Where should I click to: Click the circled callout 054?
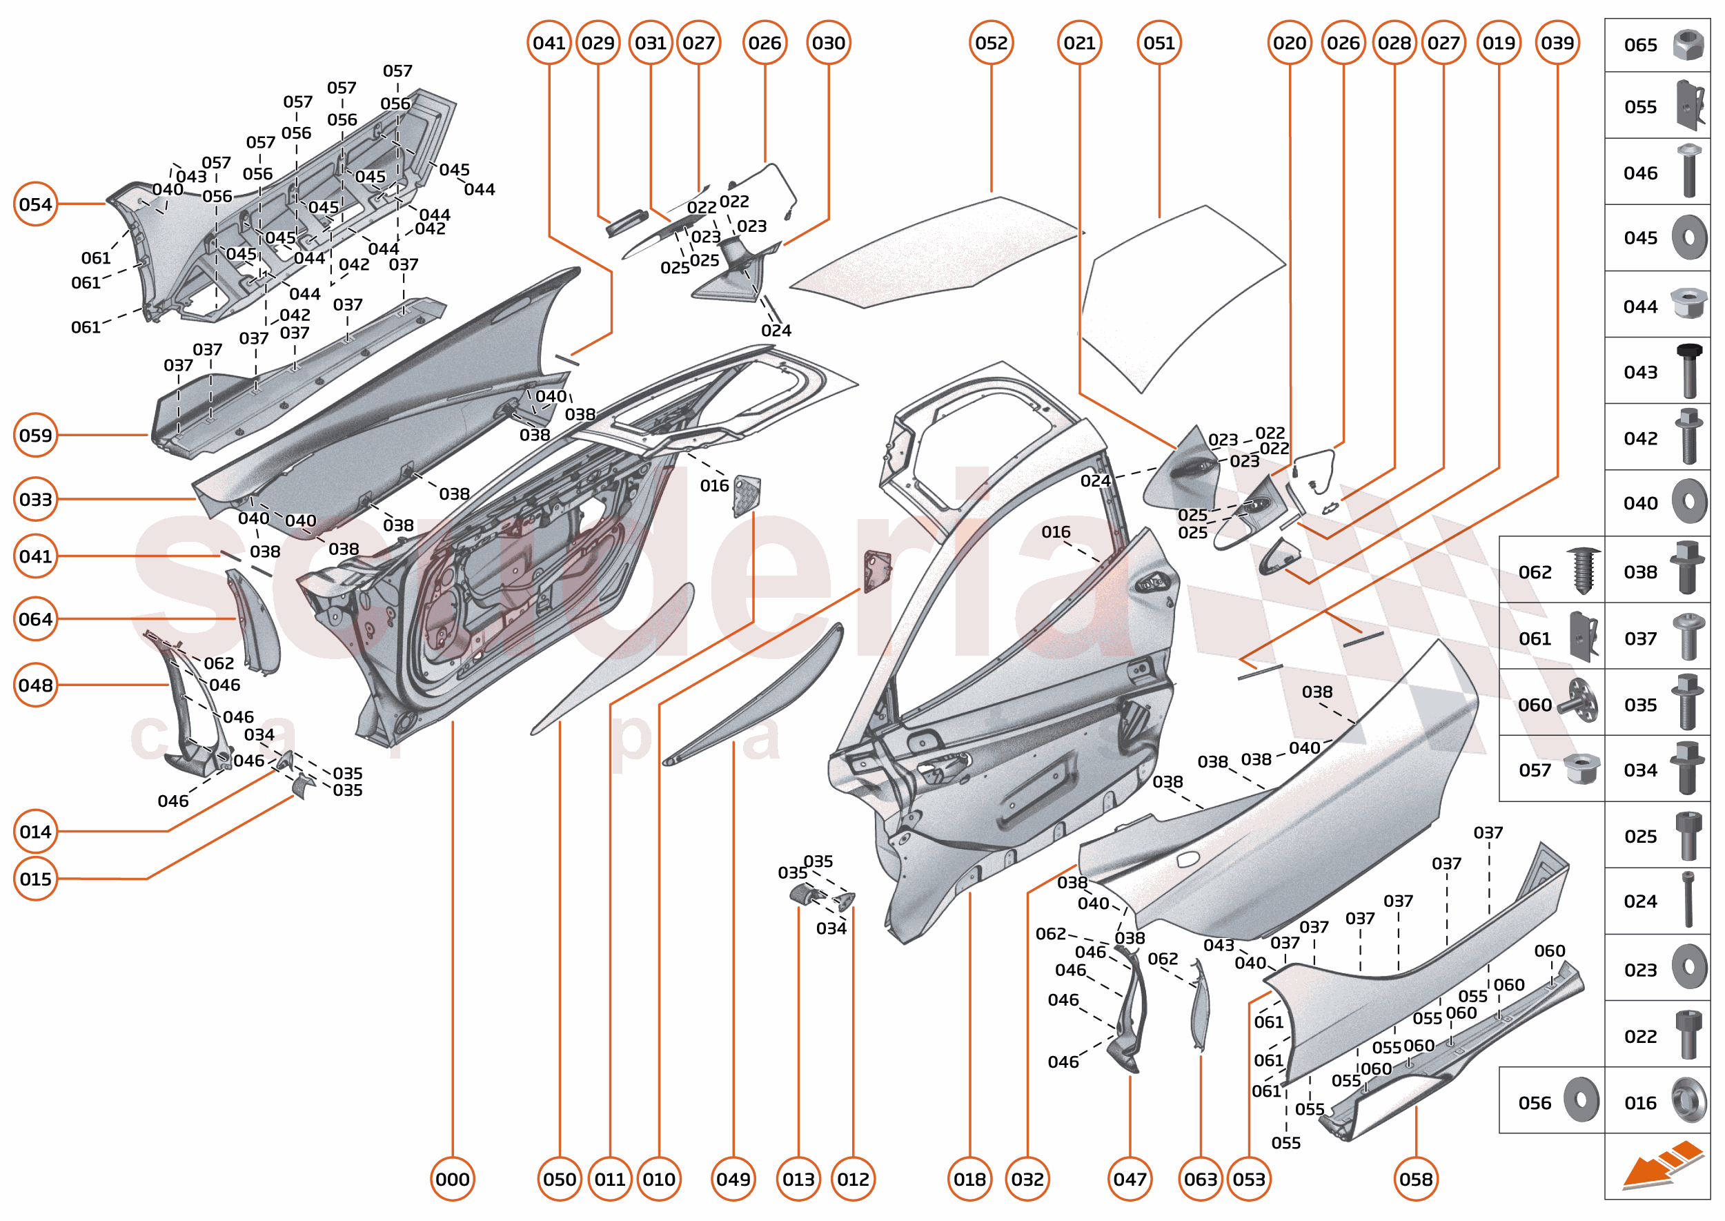click(35, 204)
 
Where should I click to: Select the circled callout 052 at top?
click(991, 43)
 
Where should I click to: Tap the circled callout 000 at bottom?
click(453, 1179)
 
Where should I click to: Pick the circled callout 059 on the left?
click(35, 435)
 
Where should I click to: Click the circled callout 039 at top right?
click(1557, 43)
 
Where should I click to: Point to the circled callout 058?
click(1415, 1179)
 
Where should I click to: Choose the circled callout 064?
click(35, 618)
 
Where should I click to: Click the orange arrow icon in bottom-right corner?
click(1662, 1166)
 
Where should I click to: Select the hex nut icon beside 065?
click(1688, 45)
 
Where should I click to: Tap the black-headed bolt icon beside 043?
click(1688, 371)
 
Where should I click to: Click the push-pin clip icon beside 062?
click(1583, 571)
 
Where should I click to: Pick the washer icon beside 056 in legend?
click(1581, 1101)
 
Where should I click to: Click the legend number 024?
click(1640, 901)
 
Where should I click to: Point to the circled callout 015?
click(35, 878)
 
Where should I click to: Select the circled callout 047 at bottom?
click(1129, 1179)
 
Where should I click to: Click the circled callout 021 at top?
click(1079, 43)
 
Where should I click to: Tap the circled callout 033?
click(35, 499)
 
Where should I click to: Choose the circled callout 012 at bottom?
click(853, 1179)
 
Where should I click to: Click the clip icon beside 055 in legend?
click(1690, 106)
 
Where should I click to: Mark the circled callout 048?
click(35, 685)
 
